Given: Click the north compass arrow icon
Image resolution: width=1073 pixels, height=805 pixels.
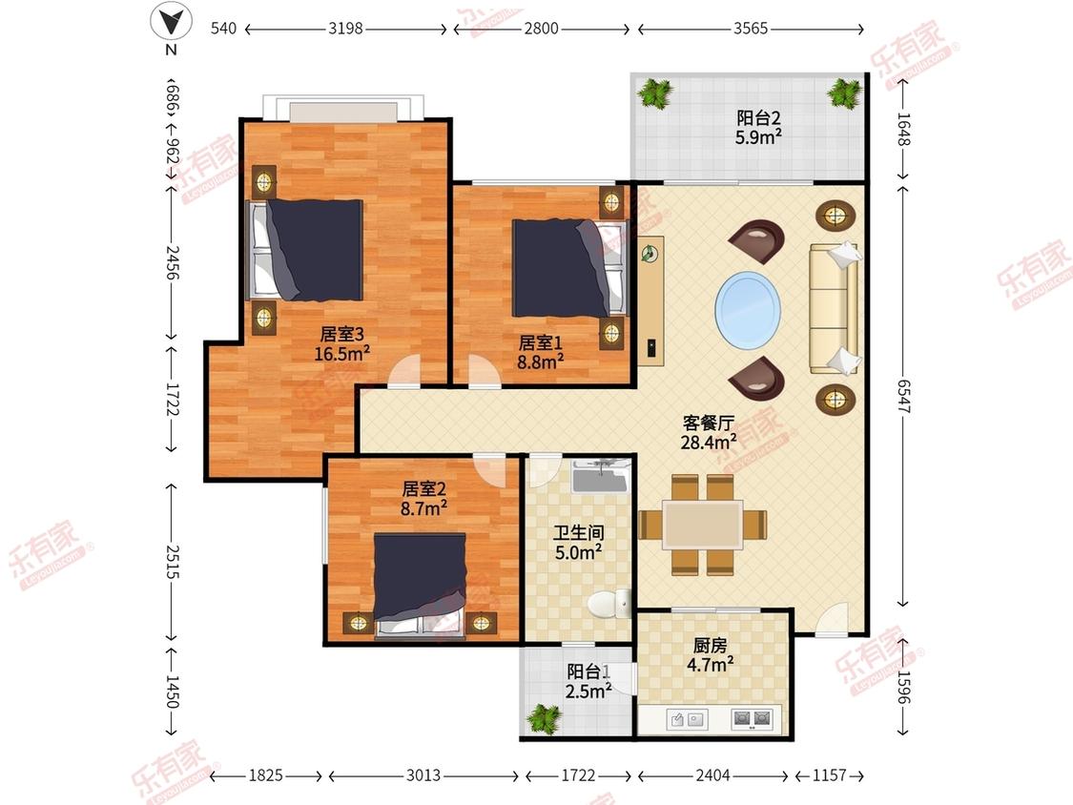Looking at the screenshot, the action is [x=171, y=21].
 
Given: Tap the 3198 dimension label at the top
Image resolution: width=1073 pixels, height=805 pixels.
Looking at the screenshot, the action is [x=345, y=28].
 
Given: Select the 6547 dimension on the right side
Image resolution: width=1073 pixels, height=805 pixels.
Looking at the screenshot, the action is [x=903, y=397].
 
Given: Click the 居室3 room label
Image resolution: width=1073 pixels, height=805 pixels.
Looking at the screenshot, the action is [x=342, y=334].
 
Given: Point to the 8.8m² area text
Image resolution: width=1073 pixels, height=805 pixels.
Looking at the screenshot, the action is [x=540, y=361].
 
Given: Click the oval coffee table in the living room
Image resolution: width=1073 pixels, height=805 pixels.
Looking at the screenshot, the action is [x=748, y=309].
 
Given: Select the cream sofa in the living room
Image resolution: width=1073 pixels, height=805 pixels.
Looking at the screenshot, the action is [x=835, y=308].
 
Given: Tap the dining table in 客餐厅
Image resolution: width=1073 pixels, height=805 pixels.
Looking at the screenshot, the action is [x=703, y=525].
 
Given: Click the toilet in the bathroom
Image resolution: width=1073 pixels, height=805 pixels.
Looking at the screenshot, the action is [x=609, y=604].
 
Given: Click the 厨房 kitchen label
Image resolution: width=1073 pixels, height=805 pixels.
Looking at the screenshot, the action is [x=710, y=646].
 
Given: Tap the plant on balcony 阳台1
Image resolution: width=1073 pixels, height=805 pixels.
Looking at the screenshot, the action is [x=544, y=719].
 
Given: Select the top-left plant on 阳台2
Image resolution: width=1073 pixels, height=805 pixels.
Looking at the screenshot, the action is [x=655, y=93].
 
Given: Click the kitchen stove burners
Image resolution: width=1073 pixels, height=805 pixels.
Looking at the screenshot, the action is [x=752, y=719].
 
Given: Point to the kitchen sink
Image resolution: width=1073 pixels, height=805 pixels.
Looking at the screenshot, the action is [x=687, y=719].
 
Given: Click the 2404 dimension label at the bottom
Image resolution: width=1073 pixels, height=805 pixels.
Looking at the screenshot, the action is [x=713, y=775].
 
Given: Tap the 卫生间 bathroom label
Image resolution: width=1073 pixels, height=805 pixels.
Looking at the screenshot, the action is [x=579, y=532].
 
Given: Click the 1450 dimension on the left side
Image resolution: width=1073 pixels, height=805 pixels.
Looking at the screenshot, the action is [x=172, y=691].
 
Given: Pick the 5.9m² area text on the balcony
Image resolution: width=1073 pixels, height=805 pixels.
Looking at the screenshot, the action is [x=758, y=137].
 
